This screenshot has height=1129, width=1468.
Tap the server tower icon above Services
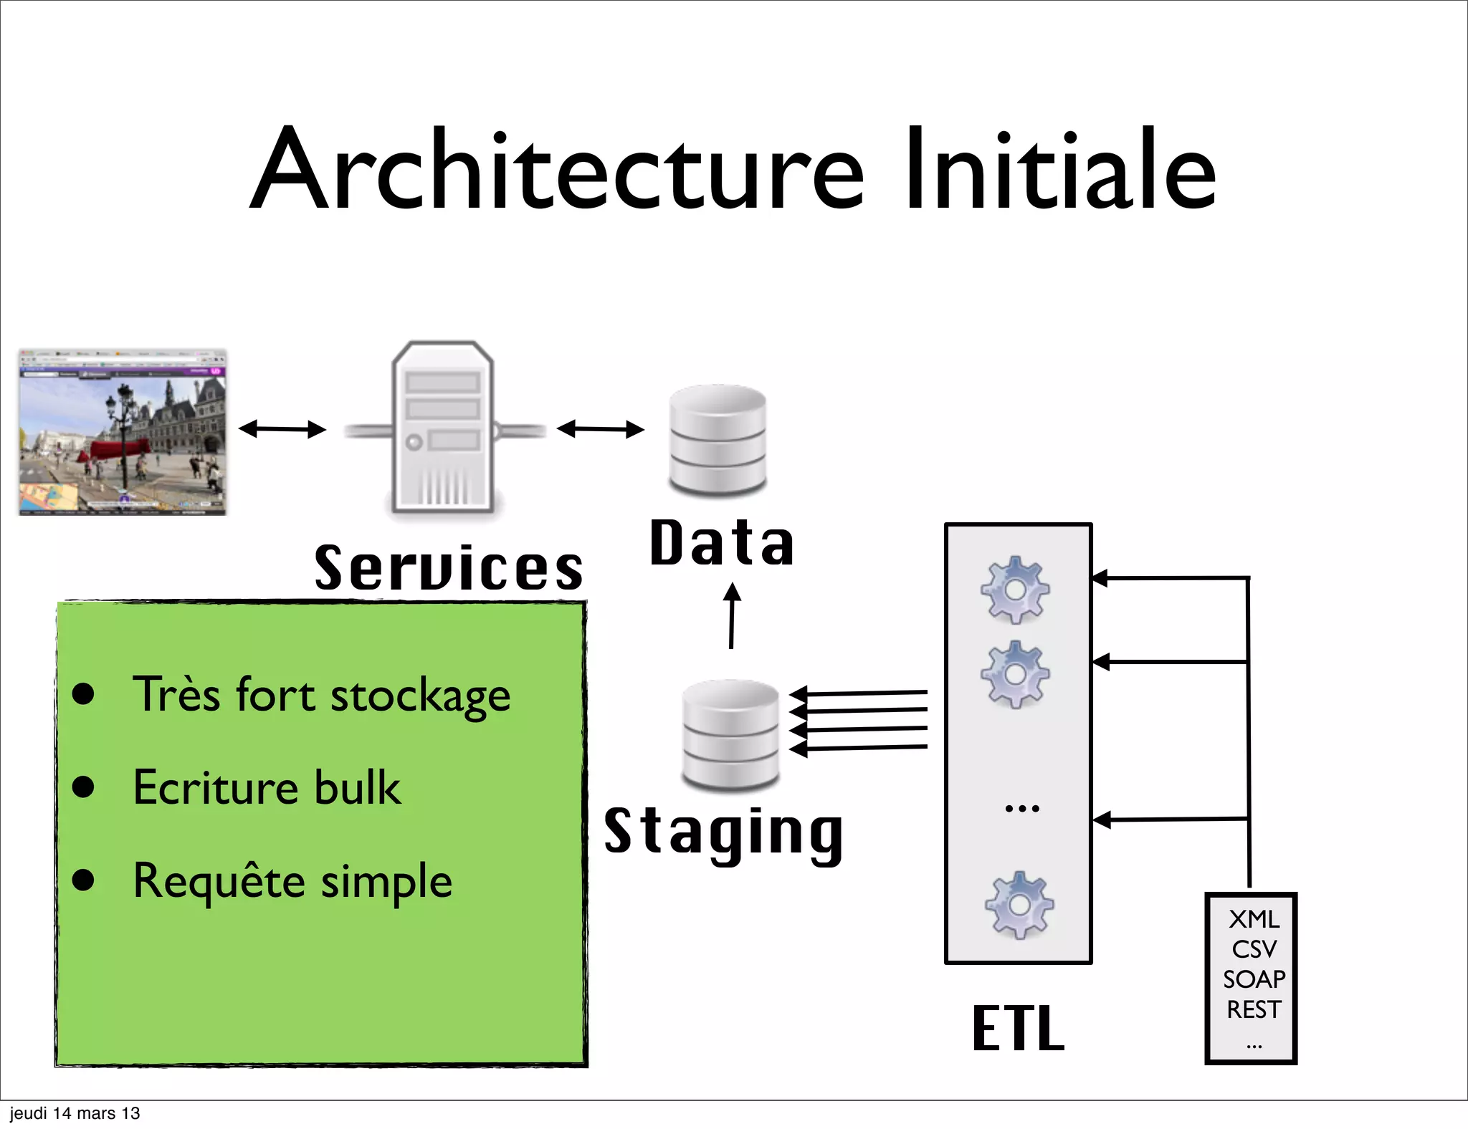443,428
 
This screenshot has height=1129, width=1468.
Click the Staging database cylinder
730,734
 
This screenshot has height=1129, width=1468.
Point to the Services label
449,568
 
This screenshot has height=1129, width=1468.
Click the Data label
721,543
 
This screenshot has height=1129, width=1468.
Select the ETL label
1018,1028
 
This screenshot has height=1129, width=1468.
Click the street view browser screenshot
123,432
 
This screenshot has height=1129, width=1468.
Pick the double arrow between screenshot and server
282,429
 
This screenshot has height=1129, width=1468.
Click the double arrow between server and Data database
601,429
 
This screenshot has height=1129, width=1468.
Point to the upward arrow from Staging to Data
732,616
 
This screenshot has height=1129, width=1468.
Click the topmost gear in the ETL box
1015,590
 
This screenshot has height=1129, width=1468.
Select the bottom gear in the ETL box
1019,905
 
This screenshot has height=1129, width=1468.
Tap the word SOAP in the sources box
1254,979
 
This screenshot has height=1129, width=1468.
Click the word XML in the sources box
1254,919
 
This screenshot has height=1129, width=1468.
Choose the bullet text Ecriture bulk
267,787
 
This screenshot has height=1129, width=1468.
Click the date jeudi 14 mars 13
75,1113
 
